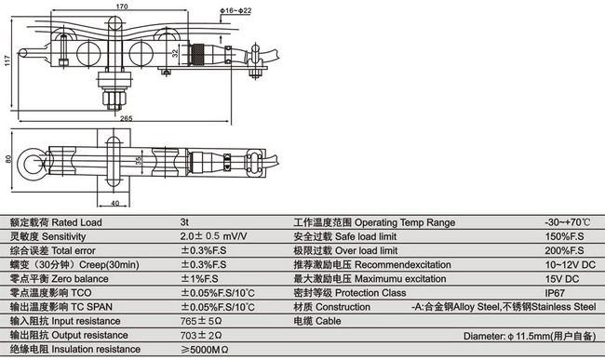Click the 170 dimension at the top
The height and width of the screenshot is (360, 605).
(x=122, y=7)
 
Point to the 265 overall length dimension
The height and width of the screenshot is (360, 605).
(x=127, y=118)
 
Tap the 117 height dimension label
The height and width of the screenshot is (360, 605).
(x=7, y=60)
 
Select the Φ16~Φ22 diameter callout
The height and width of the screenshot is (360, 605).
(x=235, y=10)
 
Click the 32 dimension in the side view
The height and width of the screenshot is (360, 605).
(x=176, y=54)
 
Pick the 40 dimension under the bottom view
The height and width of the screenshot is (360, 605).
(x=115, y=203)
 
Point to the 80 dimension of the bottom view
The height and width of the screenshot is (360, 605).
(x=8, y=159)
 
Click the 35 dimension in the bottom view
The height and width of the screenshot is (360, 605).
(x=139, y=160)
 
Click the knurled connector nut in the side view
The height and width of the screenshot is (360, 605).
(x=198, y=55)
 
